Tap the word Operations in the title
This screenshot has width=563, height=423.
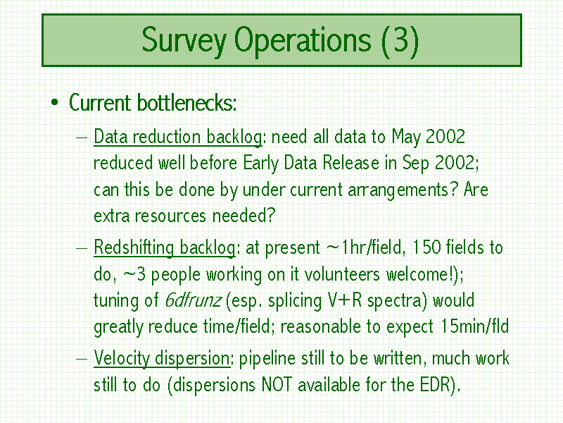click(x=303, y=41)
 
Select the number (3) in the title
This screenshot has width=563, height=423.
click(x=400, y=41)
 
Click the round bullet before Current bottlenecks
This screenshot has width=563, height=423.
click(x=55, y=103)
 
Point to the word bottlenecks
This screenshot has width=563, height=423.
click(x=186, y=103)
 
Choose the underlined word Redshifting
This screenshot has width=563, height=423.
click(x=134, y=248)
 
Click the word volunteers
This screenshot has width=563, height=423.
click(x=342, y=274)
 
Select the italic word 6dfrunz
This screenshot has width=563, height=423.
click(x=193, y=300)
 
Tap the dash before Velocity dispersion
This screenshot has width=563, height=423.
click(x=82, y=359)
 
